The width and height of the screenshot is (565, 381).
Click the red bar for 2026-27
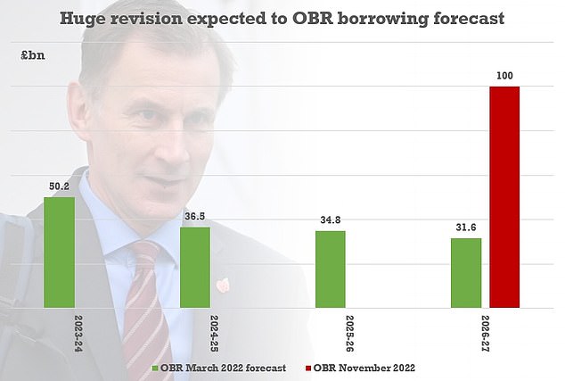(x=504, y=197)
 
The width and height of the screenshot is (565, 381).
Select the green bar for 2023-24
(x=59, y=253)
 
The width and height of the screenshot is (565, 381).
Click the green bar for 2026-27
(x=466, y=273)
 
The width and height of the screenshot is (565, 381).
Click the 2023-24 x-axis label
(x=60, y=331)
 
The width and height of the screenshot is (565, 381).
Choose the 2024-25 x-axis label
(x=195, y=331)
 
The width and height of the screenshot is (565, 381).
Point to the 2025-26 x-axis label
(x=331, y=331)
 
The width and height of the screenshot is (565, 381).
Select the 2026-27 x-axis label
(x=466, y=331)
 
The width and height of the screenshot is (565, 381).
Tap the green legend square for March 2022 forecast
(x=155, y=367)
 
